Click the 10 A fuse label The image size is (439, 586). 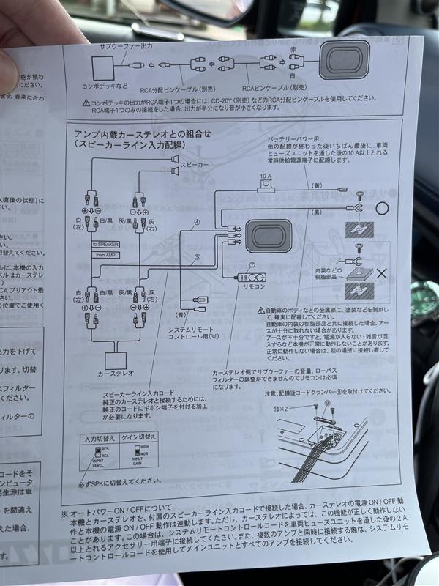266,177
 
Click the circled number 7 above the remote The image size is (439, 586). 252,265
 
